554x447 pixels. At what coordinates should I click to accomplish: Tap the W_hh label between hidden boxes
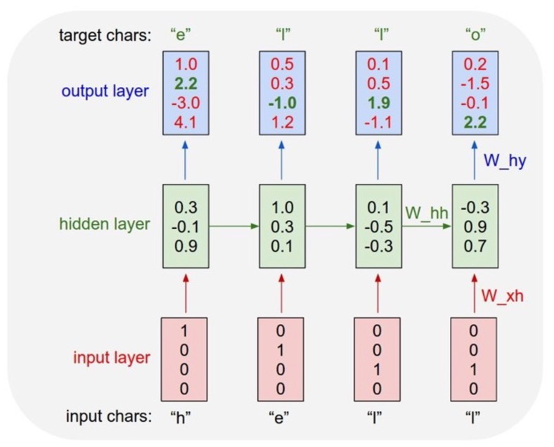(426, 211)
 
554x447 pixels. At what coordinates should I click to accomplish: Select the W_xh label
(503, 296)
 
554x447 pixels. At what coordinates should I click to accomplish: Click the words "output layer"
(105, 92)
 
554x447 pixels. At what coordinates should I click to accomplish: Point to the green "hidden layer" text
(104, 225)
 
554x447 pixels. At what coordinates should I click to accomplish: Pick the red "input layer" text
(112, 357)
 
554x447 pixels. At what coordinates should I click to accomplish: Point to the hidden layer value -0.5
(379, 226)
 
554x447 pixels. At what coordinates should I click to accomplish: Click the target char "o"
(476, 33)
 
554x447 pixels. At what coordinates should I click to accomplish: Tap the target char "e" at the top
(186, 33)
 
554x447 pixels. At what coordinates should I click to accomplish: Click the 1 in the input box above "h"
(186, 329)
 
